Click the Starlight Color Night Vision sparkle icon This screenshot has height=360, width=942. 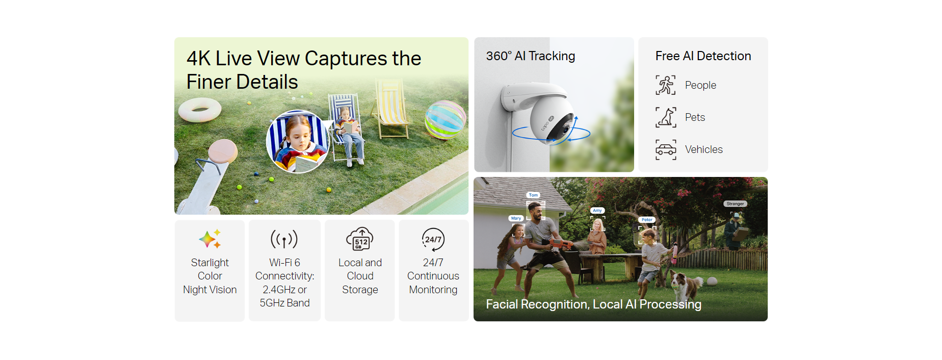pyautogui.click(x=210, y=239)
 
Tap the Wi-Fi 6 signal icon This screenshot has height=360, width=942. pyautogui.click(x=284, y=239)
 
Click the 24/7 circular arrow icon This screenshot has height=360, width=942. pyautogui.click(x=433, y=239)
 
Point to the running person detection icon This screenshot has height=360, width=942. pyautogui.click(x=666, y=85)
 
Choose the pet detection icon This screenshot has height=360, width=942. pyautogui.click(x=666, y=117)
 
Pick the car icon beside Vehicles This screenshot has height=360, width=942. pyautogui.click(x=666, y=149)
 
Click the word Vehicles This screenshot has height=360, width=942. pyautogui.click(x=703, y=149)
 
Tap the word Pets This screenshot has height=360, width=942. pyautogui.click(x=695, y=117)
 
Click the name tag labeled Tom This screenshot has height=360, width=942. pyautogui.click(x=533, y=195)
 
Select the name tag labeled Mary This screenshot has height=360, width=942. pyautogui.click(x=516, y=218)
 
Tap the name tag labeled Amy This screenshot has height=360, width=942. pyautogui.click(x=597, y=210)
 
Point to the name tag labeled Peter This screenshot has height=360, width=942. pyautogui.click(x=647, y=220)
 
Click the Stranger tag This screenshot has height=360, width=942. pyautogui.click(x=735, y=203)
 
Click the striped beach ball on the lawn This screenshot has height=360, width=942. pyautogui.click(x=446, y=119)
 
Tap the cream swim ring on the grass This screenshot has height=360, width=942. pyautogui.click(x=199, y=109)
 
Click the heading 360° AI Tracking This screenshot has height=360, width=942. pyautogui.click(x=531, y=56)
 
